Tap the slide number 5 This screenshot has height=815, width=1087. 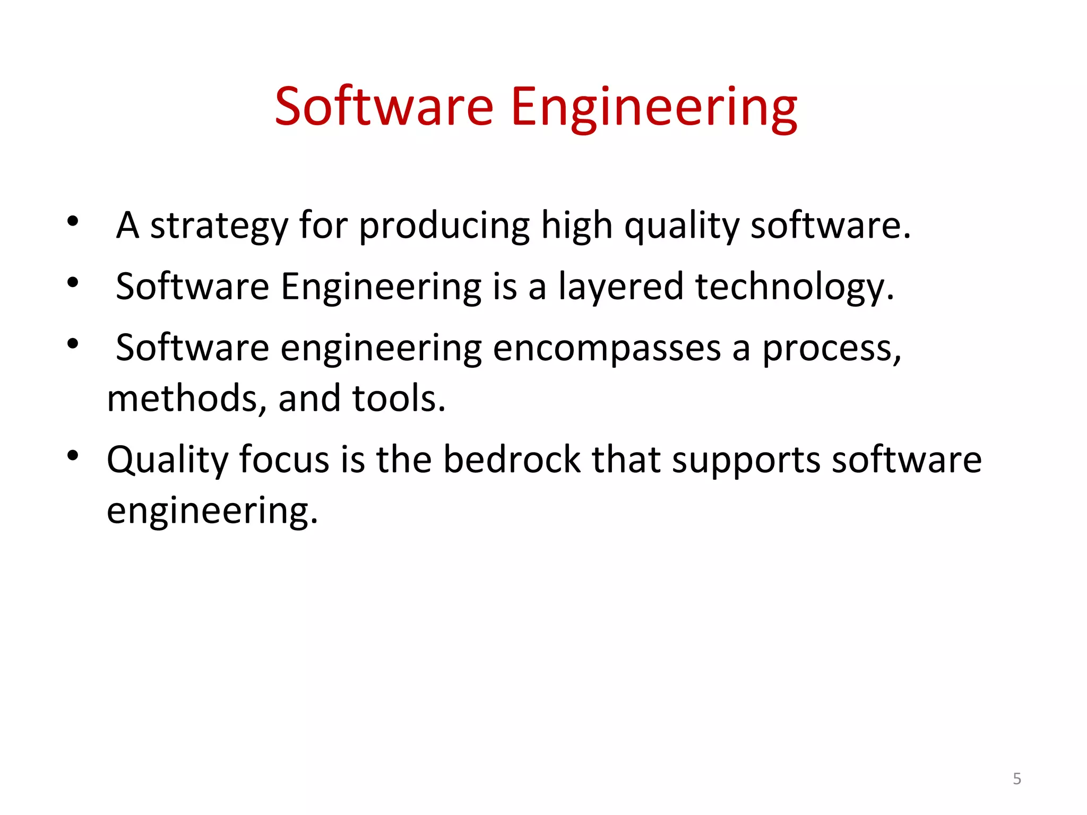(1017, 778)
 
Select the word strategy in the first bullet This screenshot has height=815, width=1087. (219, 226)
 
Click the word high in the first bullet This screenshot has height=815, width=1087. (577, 226)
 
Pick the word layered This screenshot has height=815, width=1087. (621, 288)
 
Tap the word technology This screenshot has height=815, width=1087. (794, 288)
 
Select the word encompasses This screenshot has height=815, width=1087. (607, 349)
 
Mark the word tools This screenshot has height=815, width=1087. (399, 399)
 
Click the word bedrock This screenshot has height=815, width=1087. (512, 459)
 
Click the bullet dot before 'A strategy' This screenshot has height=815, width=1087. (73, 221)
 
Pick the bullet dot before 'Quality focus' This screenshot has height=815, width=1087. (73, 455)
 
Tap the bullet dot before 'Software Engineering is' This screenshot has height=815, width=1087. (73, 282)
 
